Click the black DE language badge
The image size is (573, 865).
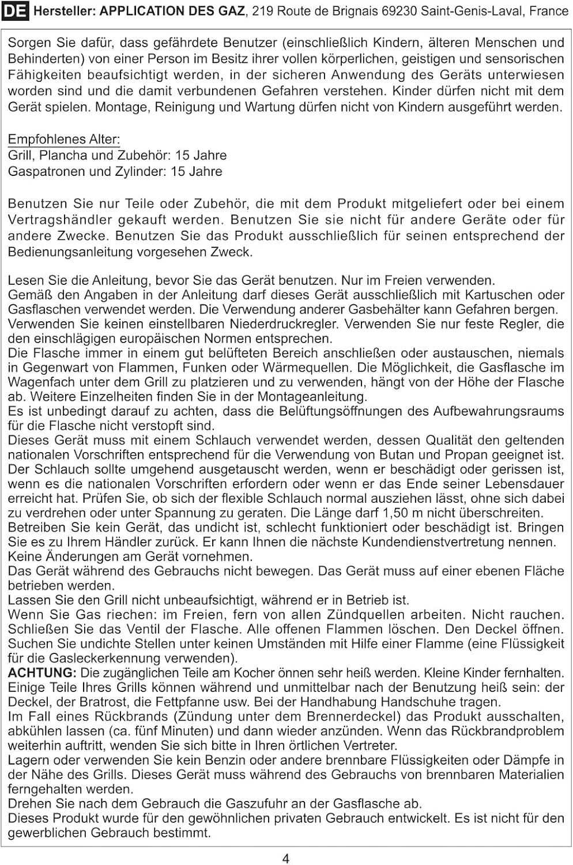point(15,11)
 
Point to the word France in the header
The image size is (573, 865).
point(548,11)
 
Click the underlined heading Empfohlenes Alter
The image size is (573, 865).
point(64,139)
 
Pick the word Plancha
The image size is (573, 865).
point(63,155)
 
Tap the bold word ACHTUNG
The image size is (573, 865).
point(42,673)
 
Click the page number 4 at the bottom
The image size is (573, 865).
point(286,859)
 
